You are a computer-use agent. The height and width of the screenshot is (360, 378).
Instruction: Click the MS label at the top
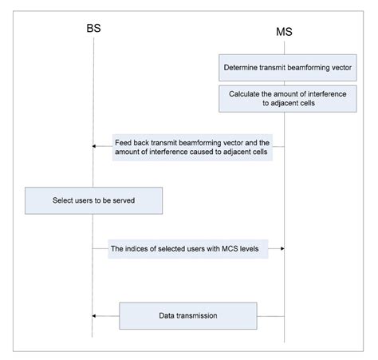coord(285,32)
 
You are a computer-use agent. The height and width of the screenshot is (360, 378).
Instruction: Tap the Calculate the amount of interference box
coord(283,99)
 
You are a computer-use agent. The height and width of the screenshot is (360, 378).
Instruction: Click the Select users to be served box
coord(94,200)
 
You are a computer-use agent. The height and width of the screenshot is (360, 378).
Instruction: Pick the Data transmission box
coord(188,315)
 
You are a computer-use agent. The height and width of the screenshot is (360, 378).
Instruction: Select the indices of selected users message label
coord(189,249)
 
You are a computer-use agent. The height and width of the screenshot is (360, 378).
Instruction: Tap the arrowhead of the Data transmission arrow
coord(96,315)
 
